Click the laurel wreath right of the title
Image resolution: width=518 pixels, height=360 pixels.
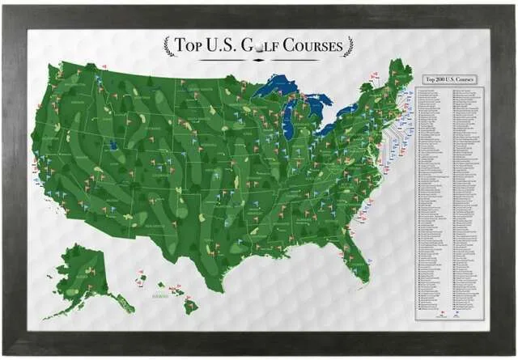point(348,47)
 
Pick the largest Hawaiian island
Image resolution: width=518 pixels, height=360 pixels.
point(190,307)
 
